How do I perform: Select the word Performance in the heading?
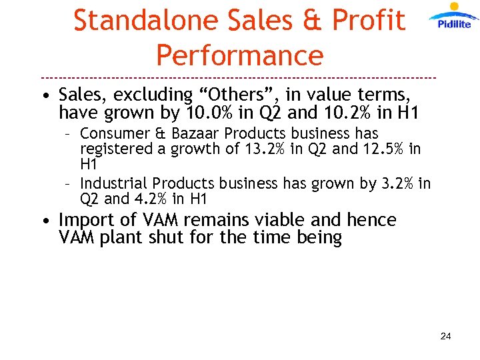[x=239, y=55]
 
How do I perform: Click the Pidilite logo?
[x=454, y=17]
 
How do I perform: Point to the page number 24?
[x=445, y=336]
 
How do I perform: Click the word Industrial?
[x=113, y=183]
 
